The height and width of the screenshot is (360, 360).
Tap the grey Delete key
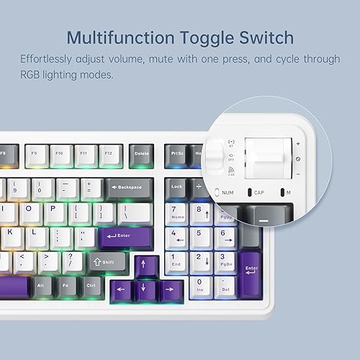(141, 153)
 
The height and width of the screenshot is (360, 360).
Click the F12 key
(108, 153)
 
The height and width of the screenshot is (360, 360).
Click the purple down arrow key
(146, 290)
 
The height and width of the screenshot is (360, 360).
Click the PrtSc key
(177, 153)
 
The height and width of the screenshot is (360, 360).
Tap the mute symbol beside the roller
(298, 158)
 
